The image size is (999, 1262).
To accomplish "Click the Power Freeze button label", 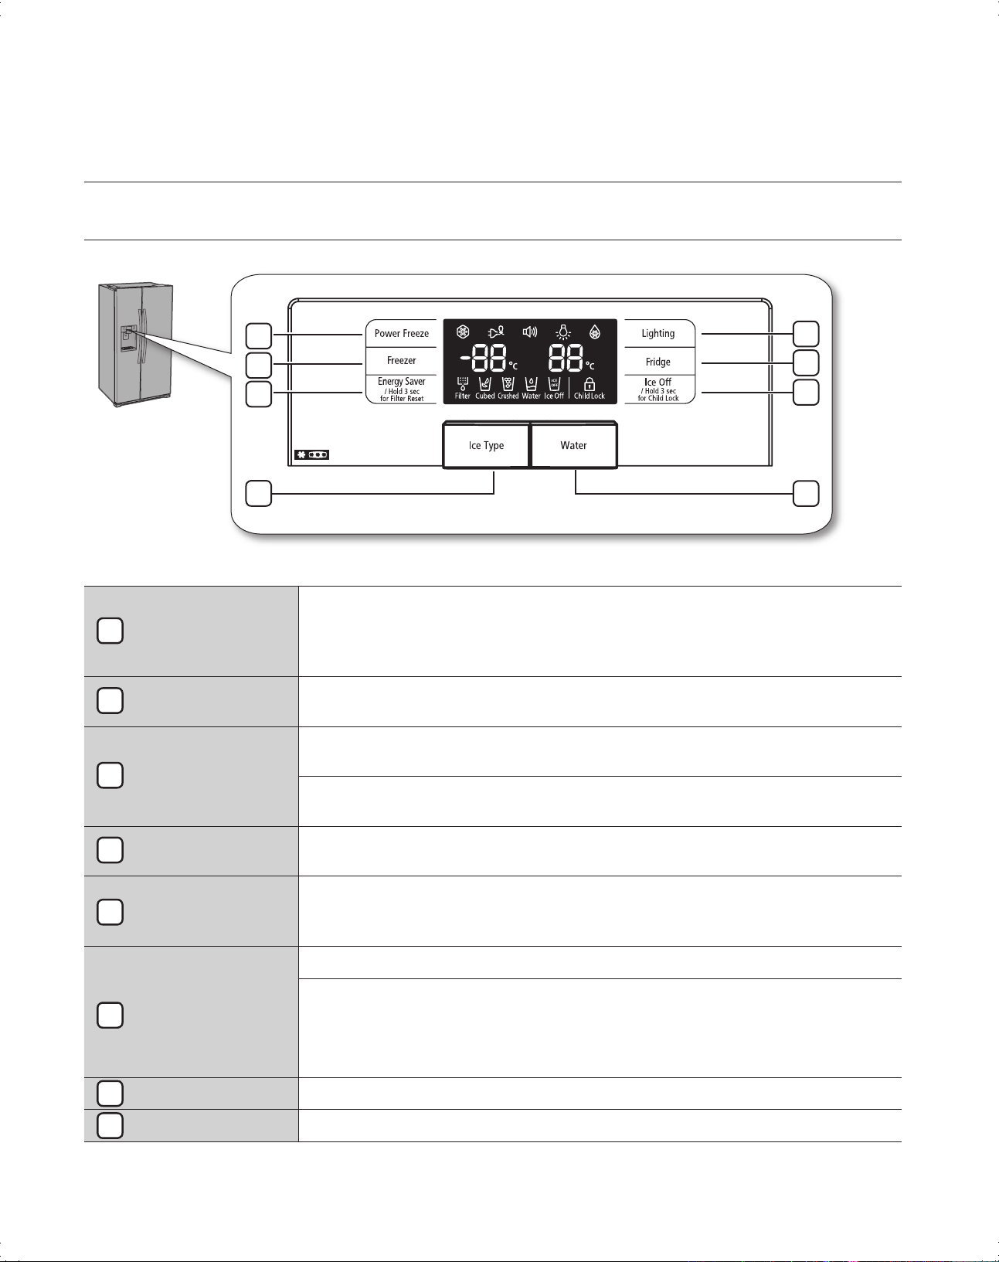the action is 401,334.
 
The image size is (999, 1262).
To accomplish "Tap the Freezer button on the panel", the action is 401,361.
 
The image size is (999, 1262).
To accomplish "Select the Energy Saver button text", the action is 401,382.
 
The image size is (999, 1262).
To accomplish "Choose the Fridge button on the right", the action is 658,362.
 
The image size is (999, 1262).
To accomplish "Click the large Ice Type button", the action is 486,445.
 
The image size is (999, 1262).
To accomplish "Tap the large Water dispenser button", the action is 574,445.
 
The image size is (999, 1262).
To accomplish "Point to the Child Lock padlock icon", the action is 590,384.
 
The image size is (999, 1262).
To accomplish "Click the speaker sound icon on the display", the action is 530,332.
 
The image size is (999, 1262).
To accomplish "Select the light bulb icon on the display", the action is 564,332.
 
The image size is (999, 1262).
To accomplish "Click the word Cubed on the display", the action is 485,396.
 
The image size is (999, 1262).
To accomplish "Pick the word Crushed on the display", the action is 508,396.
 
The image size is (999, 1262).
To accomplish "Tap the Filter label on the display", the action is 463,396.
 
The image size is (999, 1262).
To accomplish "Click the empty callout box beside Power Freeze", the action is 259,336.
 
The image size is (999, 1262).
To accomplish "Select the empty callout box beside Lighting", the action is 807,333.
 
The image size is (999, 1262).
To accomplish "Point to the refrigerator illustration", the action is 135,344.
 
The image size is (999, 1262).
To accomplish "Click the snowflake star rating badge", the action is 311,455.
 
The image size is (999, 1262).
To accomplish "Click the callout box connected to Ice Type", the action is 259,494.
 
